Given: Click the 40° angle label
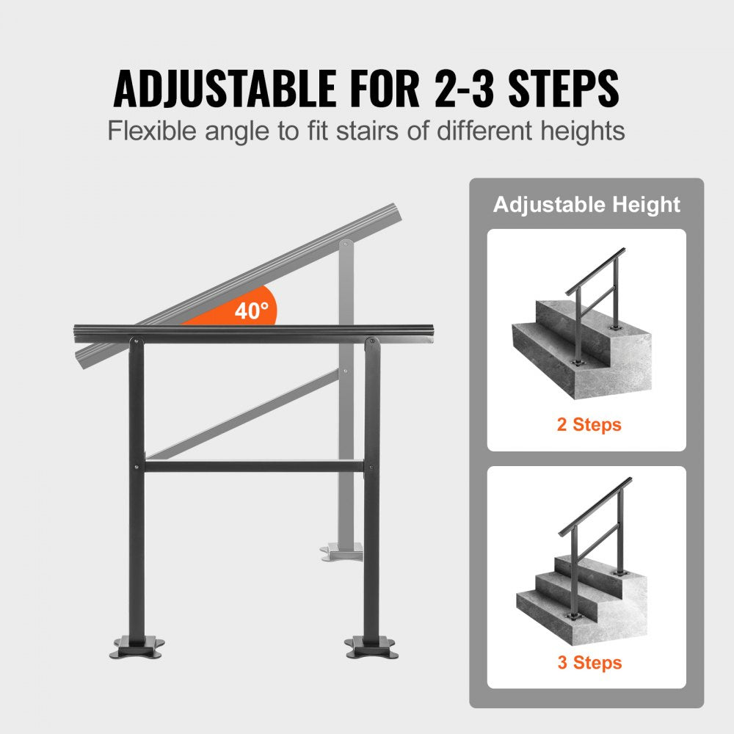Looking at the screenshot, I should pos(251,310).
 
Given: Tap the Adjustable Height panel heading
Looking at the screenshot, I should pos(586,205).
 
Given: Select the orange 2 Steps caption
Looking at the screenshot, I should pos(589,424).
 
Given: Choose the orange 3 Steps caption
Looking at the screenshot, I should pos(589,663).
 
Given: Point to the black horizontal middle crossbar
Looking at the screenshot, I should pos(253,465).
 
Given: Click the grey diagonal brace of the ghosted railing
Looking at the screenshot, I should pos(242,415).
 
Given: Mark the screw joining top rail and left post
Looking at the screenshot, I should pos(135,340).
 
